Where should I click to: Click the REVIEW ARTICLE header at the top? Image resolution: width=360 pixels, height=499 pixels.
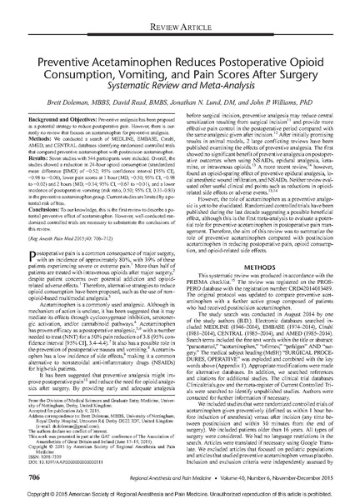179,9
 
